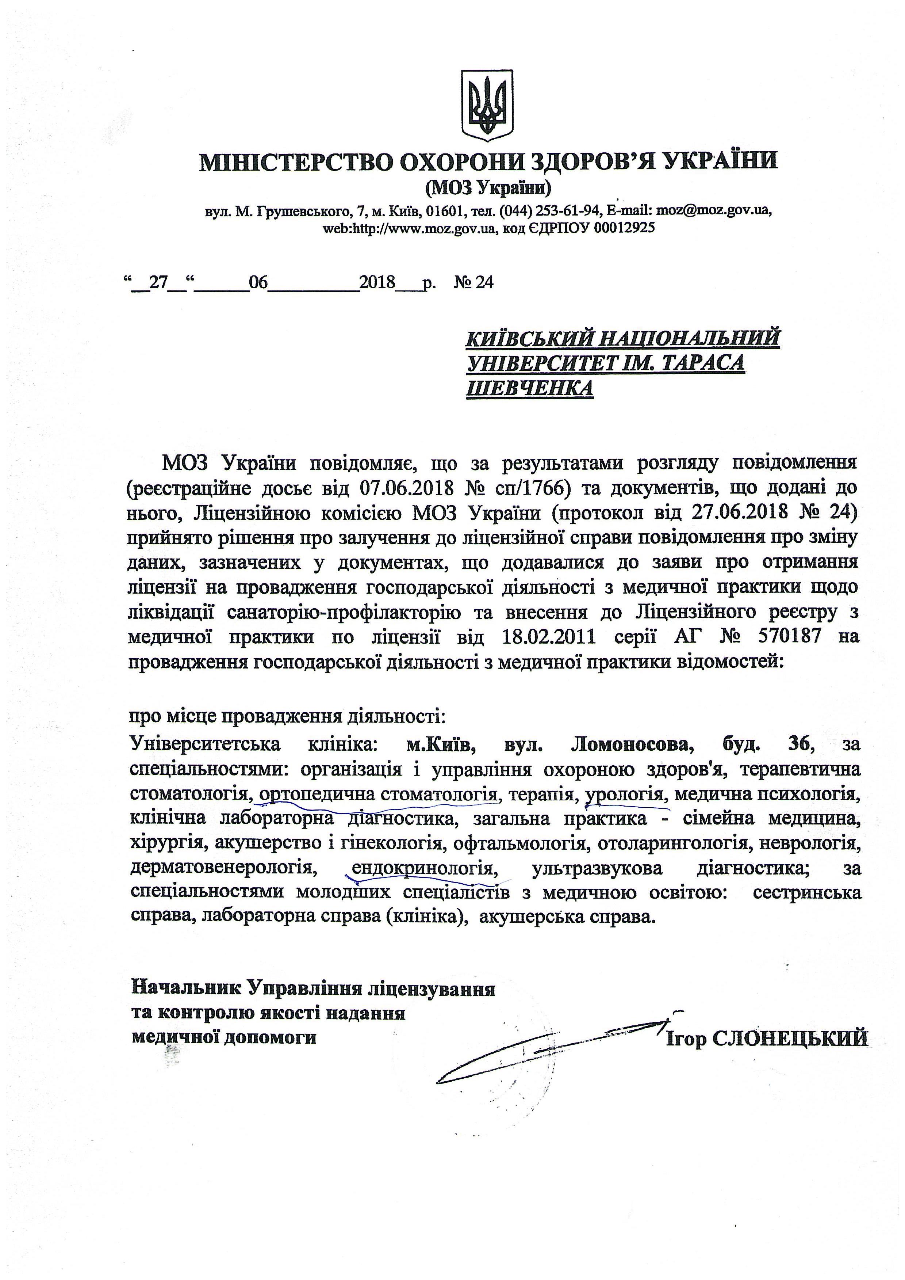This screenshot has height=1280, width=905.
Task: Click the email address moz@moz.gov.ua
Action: [x=714, y=211]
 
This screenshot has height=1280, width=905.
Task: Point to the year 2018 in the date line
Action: [x=377, y=282]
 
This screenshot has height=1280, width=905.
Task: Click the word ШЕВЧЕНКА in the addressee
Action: [x=529, y=388]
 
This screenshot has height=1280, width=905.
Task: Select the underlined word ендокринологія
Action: [x=423, y=868]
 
